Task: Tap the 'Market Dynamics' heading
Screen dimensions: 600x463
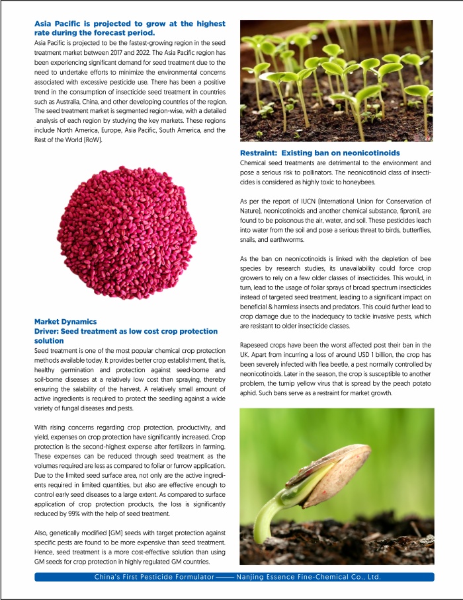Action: pyautogui.click(x=65, y=322)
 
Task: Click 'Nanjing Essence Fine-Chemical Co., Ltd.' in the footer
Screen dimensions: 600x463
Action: pyautogui.click(x=308, y=577)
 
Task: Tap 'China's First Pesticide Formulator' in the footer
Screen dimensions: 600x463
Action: pyautogui.click(x=154, y=577)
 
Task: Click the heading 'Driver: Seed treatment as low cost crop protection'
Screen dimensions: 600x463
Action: pyautogui.click(x=126, y=331)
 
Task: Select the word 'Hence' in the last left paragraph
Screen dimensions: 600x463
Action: pyautogui.click(x=45, y=552)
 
